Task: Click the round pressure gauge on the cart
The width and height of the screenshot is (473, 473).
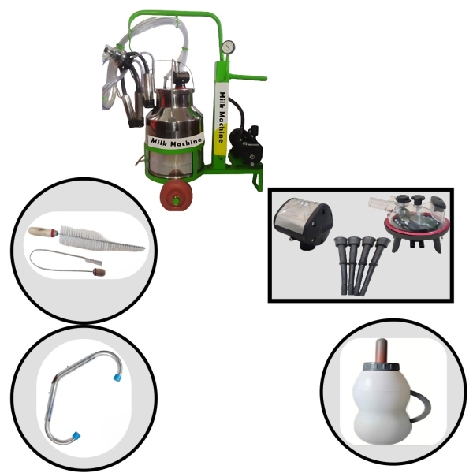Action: (x=228, y=47)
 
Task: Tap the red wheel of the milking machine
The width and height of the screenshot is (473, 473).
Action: (x=176, y=196)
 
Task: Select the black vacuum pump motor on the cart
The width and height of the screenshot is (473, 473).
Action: (x=246, y=145)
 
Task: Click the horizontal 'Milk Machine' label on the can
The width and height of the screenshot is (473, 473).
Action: (x=176, y=142)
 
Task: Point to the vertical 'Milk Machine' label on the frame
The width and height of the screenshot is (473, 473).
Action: (x=222, y=117)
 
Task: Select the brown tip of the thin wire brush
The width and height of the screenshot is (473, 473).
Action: (x=99, y=272)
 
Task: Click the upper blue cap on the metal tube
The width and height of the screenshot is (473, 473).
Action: (x=117, y=378)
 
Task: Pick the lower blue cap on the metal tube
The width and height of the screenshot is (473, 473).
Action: (x=76, y=435)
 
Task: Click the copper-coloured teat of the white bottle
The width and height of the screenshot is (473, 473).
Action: (x=382, y=351)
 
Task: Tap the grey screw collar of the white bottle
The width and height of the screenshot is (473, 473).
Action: (x=382, y=367)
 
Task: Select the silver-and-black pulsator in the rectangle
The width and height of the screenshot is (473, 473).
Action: (x=304, y=224)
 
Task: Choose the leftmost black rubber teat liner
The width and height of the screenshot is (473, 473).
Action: (x=342, y=266)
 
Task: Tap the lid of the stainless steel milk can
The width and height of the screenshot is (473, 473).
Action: (x=174, y=91)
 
